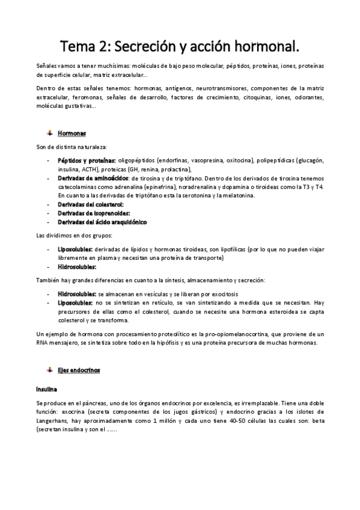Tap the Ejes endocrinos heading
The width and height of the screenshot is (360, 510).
pyautogui.click(x=84, y=370)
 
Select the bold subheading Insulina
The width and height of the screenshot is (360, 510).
pyautogui.click(x=47, y=389)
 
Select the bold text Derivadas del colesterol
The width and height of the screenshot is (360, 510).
pyautogui.click(x=90, y=204)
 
